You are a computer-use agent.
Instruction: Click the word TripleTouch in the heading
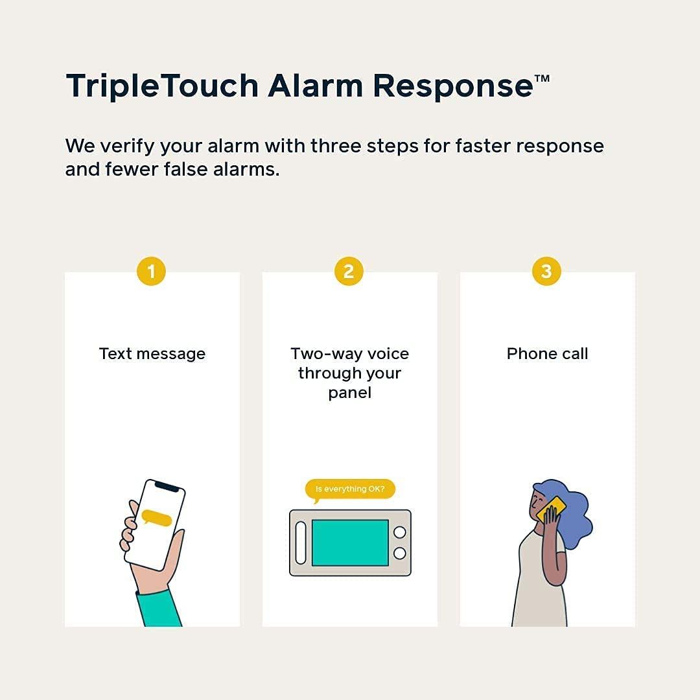[161, 86]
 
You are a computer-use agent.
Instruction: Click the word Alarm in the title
[316, 86]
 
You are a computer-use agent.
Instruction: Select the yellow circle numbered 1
[152, 271]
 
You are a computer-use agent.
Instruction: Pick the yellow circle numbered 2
[349, 271]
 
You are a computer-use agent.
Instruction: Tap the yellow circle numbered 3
[546, 271]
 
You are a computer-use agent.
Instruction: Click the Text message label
[152, 354]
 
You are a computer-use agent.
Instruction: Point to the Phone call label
[547, 354]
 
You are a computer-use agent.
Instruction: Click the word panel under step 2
[349, 393]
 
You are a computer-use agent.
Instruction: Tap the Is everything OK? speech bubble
[350, 489]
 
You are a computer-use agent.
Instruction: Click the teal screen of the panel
[350, 542]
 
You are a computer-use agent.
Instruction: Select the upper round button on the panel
[400, 532]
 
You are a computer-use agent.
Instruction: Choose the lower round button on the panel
[400, 553]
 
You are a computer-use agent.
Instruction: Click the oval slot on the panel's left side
[301, 542]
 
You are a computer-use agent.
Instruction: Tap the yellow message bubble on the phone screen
[157, 518]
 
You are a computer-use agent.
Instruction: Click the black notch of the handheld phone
[167, 486]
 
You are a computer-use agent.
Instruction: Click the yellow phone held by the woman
[552, 509]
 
